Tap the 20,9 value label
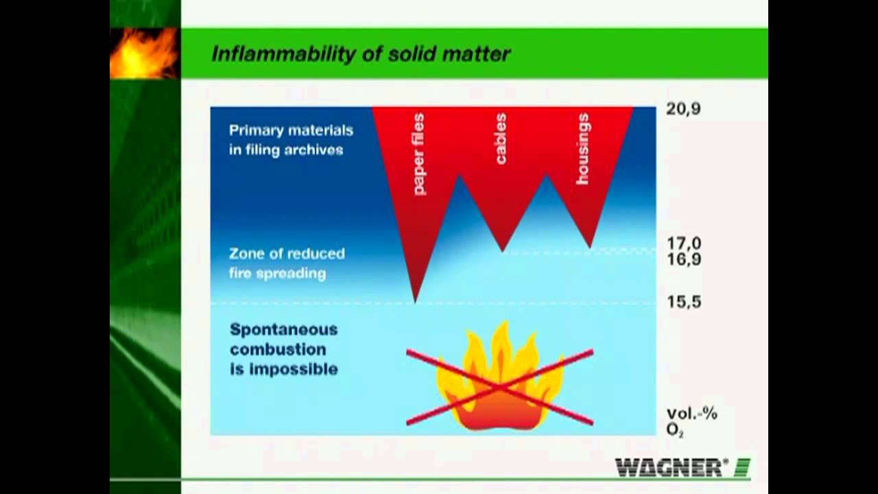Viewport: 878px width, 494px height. pos(683,109)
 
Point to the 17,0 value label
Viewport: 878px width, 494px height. pos(683,243)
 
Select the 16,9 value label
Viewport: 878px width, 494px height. pos(683,260)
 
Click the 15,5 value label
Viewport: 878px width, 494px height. pos(683,302)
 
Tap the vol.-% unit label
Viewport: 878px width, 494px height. pos(691,414)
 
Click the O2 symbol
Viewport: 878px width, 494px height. pos(675,431)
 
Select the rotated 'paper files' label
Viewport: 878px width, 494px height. pos(418,154)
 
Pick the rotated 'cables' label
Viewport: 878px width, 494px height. pos(501,139)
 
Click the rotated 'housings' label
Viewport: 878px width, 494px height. pos(582,149)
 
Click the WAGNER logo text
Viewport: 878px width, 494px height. pos(671,468)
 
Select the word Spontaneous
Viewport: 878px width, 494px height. pos(283,329)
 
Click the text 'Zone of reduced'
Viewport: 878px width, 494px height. pos(287,254)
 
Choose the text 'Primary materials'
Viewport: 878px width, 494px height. pos(291,130)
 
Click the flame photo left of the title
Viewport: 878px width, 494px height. pos(144,53)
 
